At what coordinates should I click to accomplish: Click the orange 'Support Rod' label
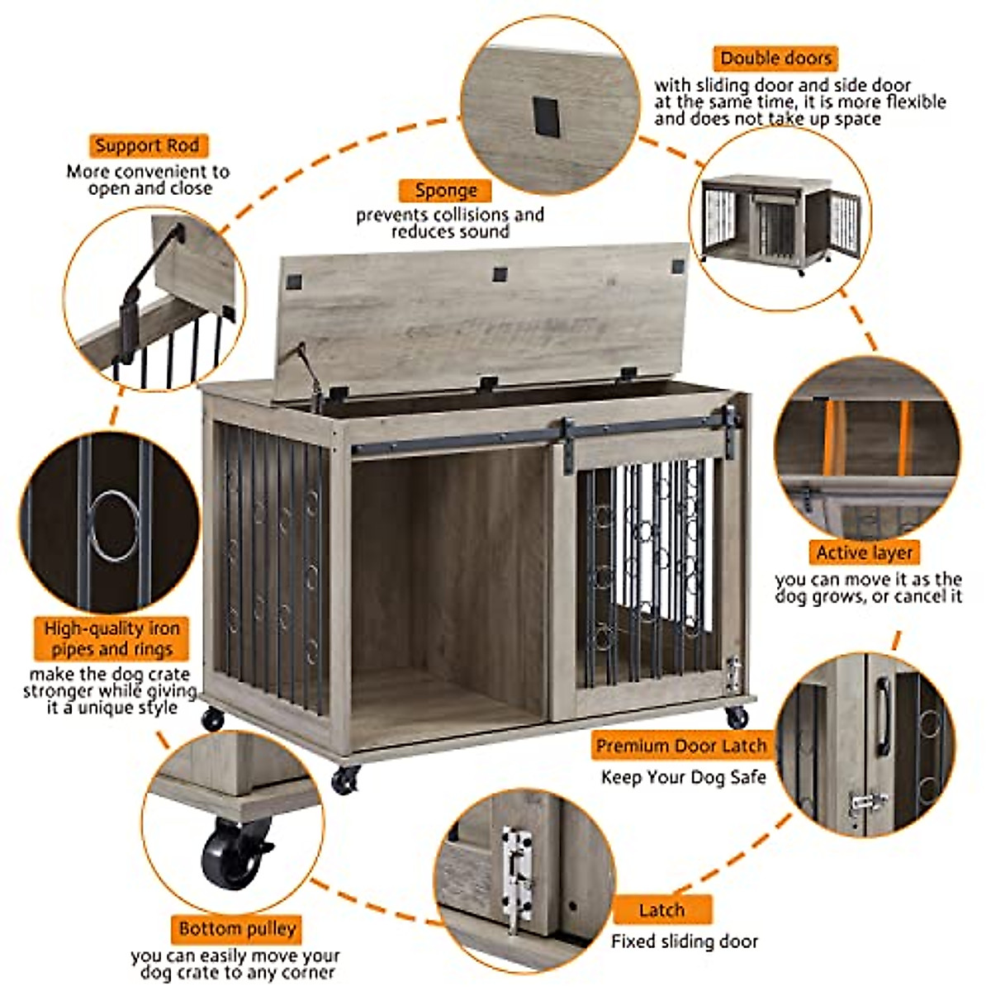click(x=148, y=146)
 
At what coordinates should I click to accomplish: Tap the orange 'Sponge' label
click(x=445, y=191)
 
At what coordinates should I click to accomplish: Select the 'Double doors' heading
click(x=775, y=59)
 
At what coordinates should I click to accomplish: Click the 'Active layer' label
click(x=864, y=552)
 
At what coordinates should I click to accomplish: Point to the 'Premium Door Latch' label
click(x=681, y=746)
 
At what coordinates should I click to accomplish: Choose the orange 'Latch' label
click(x=661, y=910)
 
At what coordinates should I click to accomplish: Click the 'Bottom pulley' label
click(x=237, y=928)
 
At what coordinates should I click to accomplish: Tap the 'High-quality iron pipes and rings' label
click(x=111, y=638)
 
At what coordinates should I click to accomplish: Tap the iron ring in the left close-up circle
click(x=113, y=524)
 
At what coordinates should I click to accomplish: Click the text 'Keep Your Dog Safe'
click(x=683, y=777)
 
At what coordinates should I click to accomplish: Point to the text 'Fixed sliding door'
click(x=684, y=941)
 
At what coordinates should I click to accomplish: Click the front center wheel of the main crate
click(x=345, y=779)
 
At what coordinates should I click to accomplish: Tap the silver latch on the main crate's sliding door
click(x=732, y=674)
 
